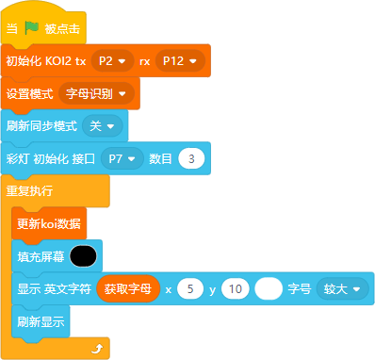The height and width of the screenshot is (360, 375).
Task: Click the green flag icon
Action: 31,28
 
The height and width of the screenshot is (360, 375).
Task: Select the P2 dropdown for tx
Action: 112,60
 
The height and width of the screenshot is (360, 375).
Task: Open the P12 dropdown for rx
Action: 180,60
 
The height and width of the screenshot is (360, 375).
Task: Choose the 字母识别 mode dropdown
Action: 96,93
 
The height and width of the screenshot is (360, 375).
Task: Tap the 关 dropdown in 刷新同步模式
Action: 103,126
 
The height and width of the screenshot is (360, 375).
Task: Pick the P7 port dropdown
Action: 122,158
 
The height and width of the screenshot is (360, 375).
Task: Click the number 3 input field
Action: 191,158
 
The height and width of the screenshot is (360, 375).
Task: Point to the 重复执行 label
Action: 29,191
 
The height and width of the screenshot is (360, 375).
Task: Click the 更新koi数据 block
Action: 49,223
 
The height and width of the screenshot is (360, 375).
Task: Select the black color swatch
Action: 83,256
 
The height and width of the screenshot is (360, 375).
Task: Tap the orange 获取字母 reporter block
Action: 128,288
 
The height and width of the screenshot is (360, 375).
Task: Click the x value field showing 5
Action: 190,289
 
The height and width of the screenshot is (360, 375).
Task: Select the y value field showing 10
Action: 236,289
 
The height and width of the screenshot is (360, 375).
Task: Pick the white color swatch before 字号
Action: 269,289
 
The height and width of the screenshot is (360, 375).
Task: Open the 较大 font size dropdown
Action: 342,289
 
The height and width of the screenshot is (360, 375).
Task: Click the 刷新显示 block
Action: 41,321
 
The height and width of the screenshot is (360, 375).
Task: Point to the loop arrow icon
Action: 98,348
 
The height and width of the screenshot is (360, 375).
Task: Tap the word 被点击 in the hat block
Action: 62,28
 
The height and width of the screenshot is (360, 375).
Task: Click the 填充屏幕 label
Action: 41,256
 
